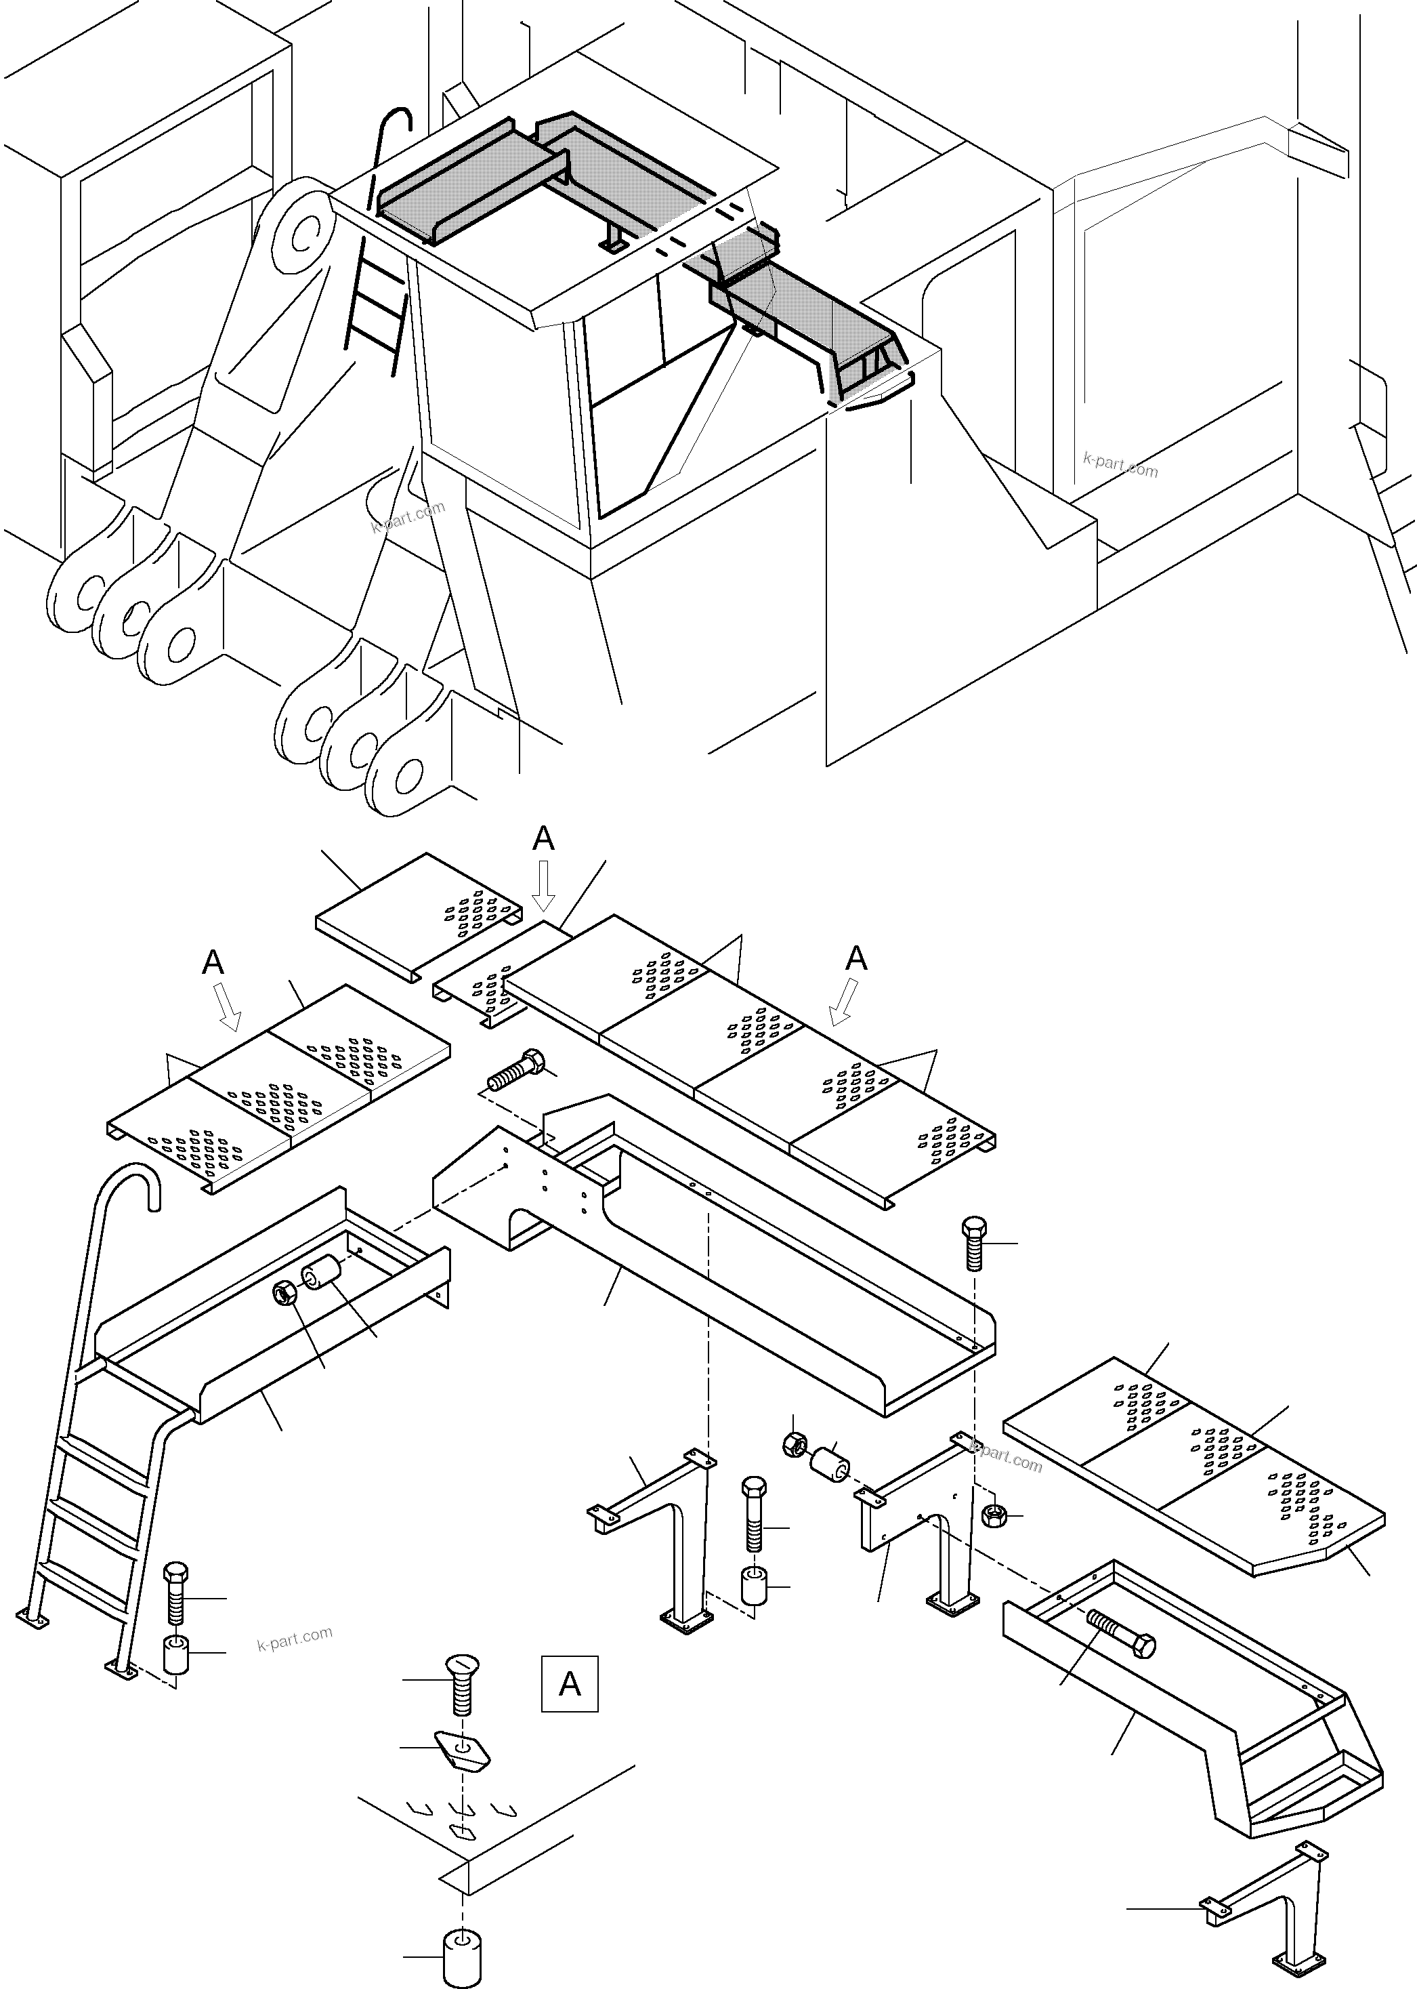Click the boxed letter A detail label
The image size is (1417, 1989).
569,1683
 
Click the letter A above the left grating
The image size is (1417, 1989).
213,962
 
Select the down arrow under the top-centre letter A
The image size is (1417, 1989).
544,886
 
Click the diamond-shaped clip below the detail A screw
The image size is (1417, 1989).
463,1749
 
